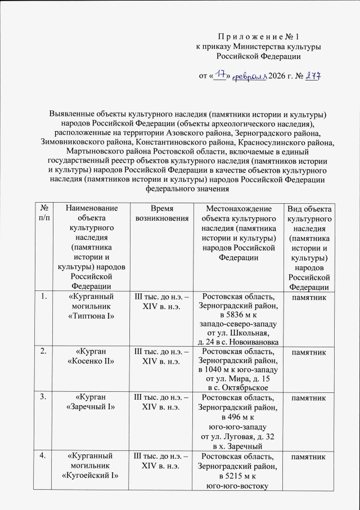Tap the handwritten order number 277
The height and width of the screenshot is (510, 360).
tap(312, 76)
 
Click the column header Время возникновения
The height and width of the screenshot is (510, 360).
tap(159, 214)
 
